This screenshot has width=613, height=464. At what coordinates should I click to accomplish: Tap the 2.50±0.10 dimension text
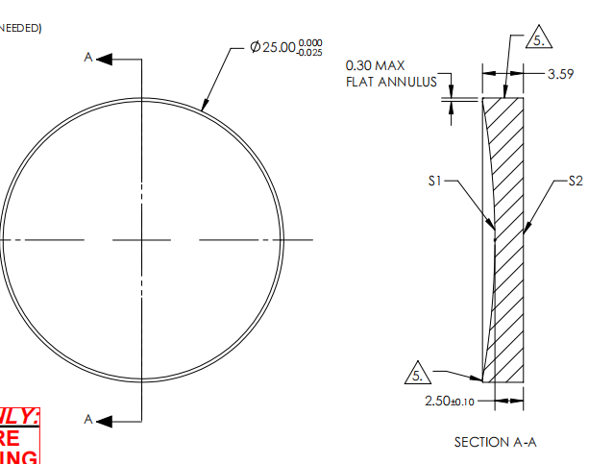[448, 401]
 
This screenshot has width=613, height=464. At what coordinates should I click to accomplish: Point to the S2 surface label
[575, 180]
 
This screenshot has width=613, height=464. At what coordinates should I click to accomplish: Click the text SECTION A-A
[495, 442]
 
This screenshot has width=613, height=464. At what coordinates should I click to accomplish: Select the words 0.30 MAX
[376, 65]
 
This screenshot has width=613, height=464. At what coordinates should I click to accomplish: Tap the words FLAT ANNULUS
[391, 82]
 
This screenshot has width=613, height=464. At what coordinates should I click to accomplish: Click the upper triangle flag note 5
[541, 41]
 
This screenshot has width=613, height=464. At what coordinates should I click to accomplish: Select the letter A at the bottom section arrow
[88, 420]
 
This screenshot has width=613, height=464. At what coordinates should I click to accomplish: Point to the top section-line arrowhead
[105, 59]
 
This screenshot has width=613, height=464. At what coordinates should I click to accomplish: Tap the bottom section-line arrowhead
[105, 420]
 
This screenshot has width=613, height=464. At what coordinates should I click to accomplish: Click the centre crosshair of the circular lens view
[142, 239]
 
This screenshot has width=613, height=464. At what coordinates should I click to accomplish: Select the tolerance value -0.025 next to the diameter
[310, 53]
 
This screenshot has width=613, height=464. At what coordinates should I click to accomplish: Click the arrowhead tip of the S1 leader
[493, 232]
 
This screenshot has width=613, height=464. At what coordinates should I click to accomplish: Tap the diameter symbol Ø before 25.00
[255, 48]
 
